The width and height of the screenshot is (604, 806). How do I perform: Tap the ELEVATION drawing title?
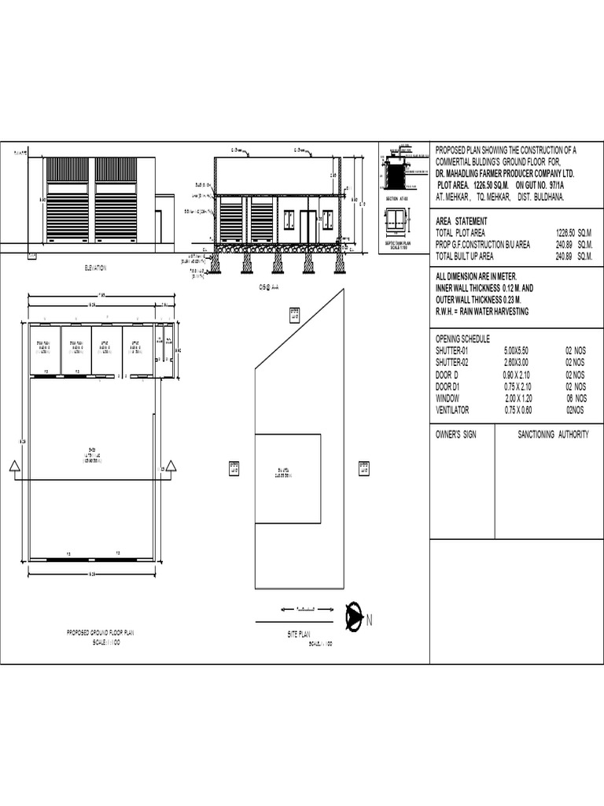(x=94, y=268)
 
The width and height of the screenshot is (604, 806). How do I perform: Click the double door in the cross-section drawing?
(x=308, y=226)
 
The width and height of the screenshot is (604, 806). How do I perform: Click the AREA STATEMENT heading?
(x=461, y=221)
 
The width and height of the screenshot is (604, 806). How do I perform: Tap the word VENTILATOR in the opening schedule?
(x=452, y=410)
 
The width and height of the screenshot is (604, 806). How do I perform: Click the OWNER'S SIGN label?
(x=455, y=434)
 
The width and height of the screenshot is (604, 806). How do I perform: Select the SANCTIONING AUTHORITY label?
(x=552, y=434)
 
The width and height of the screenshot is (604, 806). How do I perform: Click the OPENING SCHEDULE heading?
(x=462, y=338)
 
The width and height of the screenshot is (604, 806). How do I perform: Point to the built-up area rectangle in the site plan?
(x=287, y=479)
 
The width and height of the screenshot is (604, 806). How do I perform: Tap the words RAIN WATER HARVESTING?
(x=495, y=312)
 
